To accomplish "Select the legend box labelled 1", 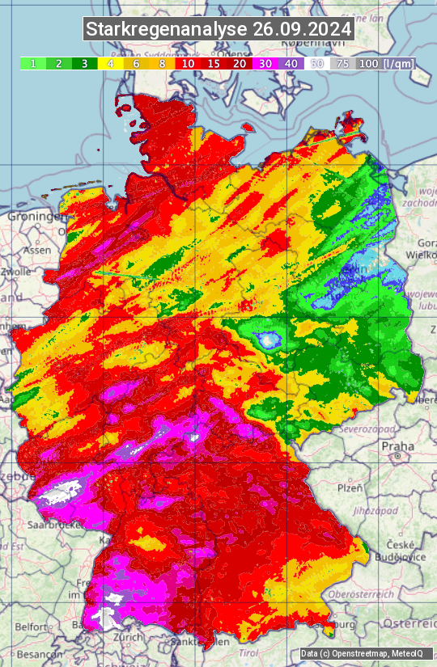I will [x=32, y=63].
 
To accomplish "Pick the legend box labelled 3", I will [x=84, y=63].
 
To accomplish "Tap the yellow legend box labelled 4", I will [x=110, y=63].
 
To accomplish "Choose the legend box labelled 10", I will [x=188, y=63].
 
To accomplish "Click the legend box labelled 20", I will [x=240, y=63].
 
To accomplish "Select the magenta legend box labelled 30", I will [x=265, y=63].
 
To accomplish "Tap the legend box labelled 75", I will [x=343, y=63].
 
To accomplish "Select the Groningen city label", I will [x=35, y=217].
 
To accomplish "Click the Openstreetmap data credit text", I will [x=354, y=653].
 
